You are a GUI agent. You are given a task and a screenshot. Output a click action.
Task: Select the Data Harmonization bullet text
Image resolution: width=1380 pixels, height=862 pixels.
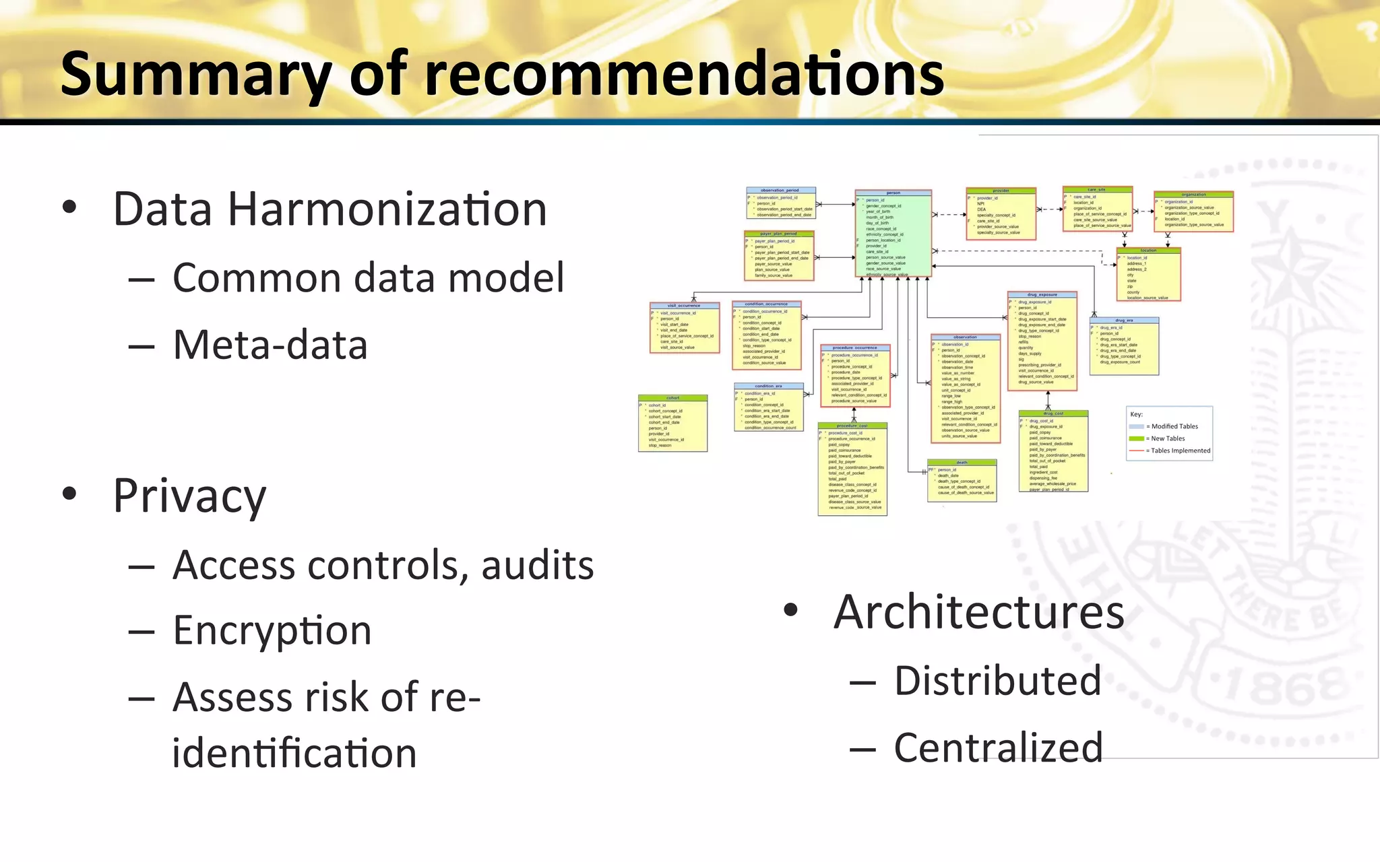(x=330, y=209)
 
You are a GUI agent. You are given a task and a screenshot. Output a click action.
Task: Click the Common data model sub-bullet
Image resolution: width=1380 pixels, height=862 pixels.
(x=368, y=277)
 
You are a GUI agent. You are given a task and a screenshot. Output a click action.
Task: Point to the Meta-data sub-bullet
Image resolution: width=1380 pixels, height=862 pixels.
(x=270, y=345)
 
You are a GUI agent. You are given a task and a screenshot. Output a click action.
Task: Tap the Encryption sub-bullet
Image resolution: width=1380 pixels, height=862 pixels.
(x=272, y=630)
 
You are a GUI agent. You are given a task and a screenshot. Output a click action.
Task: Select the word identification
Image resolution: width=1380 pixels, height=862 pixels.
(x=294, y=752)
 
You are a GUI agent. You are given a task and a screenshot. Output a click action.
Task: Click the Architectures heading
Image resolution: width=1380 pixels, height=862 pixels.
(x=978, y=612)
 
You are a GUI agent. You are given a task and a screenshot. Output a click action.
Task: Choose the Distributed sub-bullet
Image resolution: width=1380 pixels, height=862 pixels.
(x=997, y=680)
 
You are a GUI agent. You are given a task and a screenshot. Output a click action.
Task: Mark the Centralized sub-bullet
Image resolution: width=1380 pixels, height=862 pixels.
(x=998, y=748)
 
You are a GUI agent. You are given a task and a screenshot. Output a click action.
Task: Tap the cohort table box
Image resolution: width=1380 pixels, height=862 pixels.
(x=672, y=424)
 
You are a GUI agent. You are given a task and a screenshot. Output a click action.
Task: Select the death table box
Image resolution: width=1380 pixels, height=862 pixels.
(x=962, y=481)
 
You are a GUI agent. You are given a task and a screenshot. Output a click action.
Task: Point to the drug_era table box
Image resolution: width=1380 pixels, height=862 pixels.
(x=1124, y=346)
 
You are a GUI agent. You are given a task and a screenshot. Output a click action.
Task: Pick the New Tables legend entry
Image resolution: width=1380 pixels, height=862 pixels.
(x=1167, y=438)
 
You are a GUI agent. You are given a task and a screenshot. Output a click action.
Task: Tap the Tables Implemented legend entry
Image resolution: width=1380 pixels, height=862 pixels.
(x=1180, y=451)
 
